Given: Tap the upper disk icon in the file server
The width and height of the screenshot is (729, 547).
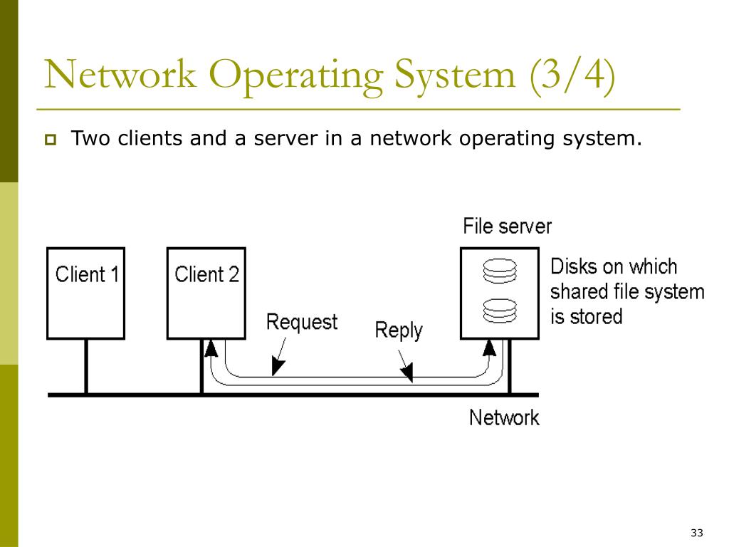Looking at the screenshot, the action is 500,271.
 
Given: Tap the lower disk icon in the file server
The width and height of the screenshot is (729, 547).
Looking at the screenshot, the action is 500,311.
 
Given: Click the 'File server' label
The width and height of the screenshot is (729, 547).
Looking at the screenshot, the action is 507,226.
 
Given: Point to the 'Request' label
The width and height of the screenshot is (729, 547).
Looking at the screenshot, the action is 302,323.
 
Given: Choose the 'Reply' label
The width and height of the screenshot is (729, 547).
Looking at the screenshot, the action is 399,330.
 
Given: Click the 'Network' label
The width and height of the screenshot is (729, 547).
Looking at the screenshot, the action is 505,417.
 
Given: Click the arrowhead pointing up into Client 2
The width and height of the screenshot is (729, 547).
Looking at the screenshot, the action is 211,348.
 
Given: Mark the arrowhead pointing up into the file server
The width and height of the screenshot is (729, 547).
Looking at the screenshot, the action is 489,348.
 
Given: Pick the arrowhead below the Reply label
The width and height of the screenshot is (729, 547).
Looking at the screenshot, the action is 407,372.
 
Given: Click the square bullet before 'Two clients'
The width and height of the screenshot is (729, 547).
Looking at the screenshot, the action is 51,140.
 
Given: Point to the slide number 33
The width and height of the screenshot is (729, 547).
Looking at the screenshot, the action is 696,533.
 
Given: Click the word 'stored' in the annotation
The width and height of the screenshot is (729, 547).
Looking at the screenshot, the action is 597,317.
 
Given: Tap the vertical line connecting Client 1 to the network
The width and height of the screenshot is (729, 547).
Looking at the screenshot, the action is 86,367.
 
